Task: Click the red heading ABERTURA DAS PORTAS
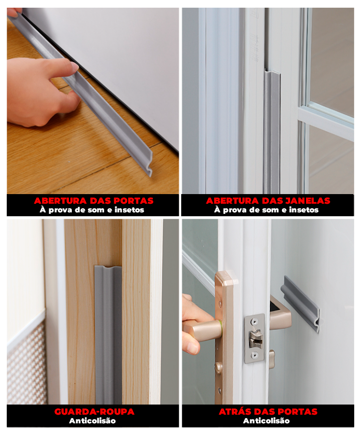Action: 93,201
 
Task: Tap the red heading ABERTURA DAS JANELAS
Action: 268,201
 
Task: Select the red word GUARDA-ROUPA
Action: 94,412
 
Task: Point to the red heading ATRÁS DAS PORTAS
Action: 268,412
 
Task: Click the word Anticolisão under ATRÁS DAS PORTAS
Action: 267,421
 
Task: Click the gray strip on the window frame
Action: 271,135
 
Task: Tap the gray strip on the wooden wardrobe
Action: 108,337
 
